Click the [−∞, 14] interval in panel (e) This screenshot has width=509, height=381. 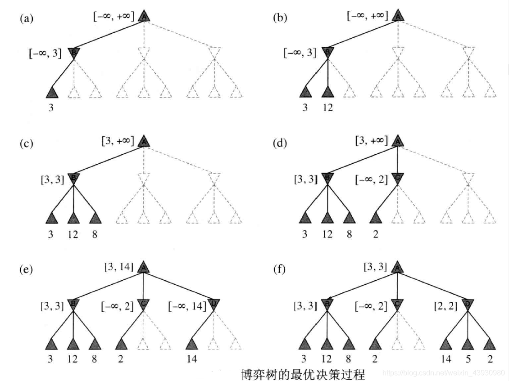click(x=187, y=306)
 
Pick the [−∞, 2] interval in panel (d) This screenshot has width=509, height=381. click(x=372, y=180)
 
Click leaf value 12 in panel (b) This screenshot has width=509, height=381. click(x=328, y=108)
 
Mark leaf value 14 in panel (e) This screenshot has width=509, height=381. click(x=192, y=359)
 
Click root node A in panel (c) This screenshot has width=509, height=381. click(x=144, y=142)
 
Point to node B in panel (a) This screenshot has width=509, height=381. click(x=74, y=53)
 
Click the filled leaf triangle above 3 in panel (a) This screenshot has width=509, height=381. click(x=52, y=92)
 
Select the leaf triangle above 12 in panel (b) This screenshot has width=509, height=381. click(x=328, y=92)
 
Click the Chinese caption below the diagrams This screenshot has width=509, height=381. click(x=302, y=373)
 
